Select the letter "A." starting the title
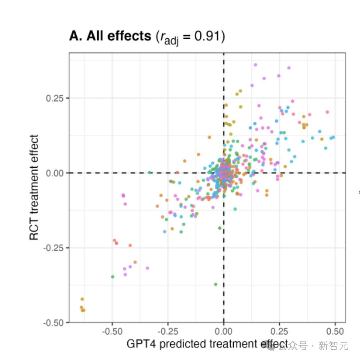(76, 36)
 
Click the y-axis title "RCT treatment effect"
(34, 187)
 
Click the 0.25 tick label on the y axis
(56, 98)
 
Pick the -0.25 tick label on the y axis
(54, 248)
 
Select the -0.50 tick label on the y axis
(54, 323)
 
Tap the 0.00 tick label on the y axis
(56, 173)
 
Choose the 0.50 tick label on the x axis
(335, 332)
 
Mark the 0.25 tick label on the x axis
(279, 332)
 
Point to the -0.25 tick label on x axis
(167, 332)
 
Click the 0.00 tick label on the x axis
(223, 332)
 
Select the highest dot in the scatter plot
(255, 65)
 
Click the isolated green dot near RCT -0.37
(215, 284)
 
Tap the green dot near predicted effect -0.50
(113, 277)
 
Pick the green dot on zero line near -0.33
(150, 172)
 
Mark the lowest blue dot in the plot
(164, 231)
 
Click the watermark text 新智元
(333, 346)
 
